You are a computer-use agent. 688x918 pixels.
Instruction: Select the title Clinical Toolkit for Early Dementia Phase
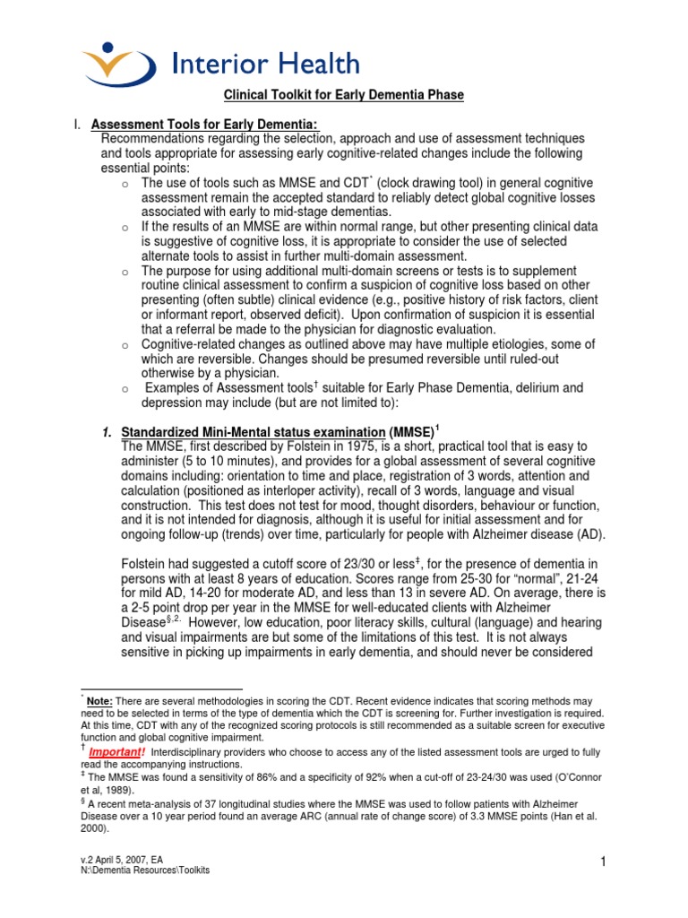(x=343, y=95)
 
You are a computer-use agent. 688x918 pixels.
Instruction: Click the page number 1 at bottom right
(x=605, y=862)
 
